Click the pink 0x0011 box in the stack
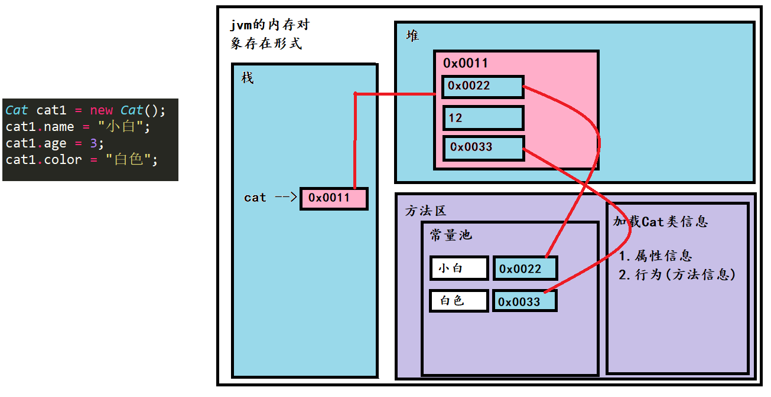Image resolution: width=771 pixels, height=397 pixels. (x=334, y=198)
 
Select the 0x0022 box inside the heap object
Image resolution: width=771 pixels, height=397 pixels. (x=483, y=87)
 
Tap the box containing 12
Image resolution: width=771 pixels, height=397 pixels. (x=484, y=118)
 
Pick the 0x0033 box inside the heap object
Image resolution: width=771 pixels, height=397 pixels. (x=484, y=148)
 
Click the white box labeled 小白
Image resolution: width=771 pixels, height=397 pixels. (x=459, y=268)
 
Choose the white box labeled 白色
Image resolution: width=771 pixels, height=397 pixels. (x=459, y=301)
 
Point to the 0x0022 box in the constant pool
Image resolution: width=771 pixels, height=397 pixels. (x=525, y=268)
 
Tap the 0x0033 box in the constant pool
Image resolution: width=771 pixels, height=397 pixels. (x=525, y=301)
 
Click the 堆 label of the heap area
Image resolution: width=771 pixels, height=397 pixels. (x=412, y=35)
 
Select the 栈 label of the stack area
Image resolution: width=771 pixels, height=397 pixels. (x=248, y=78)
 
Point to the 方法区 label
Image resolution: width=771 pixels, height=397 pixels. (x=425, y=211)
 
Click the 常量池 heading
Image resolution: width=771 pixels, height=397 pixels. (x=451, y=235)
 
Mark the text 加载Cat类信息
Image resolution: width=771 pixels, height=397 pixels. (x=661, y=222)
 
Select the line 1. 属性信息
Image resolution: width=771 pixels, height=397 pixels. (x=655, y=256)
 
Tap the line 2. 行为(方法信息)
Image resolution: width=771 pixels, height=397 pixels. (x=677, y=275)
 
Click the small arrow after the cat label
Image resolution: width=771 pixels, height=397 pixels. (x=286, y=197)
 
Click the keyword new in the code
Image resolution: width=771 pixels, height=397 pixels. (x=101, y=110)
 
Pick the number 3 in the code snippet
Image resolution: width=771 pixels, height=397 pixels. (x=93, y=143)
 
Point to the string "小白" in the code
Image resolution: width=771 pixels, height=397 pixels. (x=120, y=127)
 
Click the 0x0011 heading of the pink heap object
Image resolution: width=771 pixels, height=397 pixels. (x=466, y=63)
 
